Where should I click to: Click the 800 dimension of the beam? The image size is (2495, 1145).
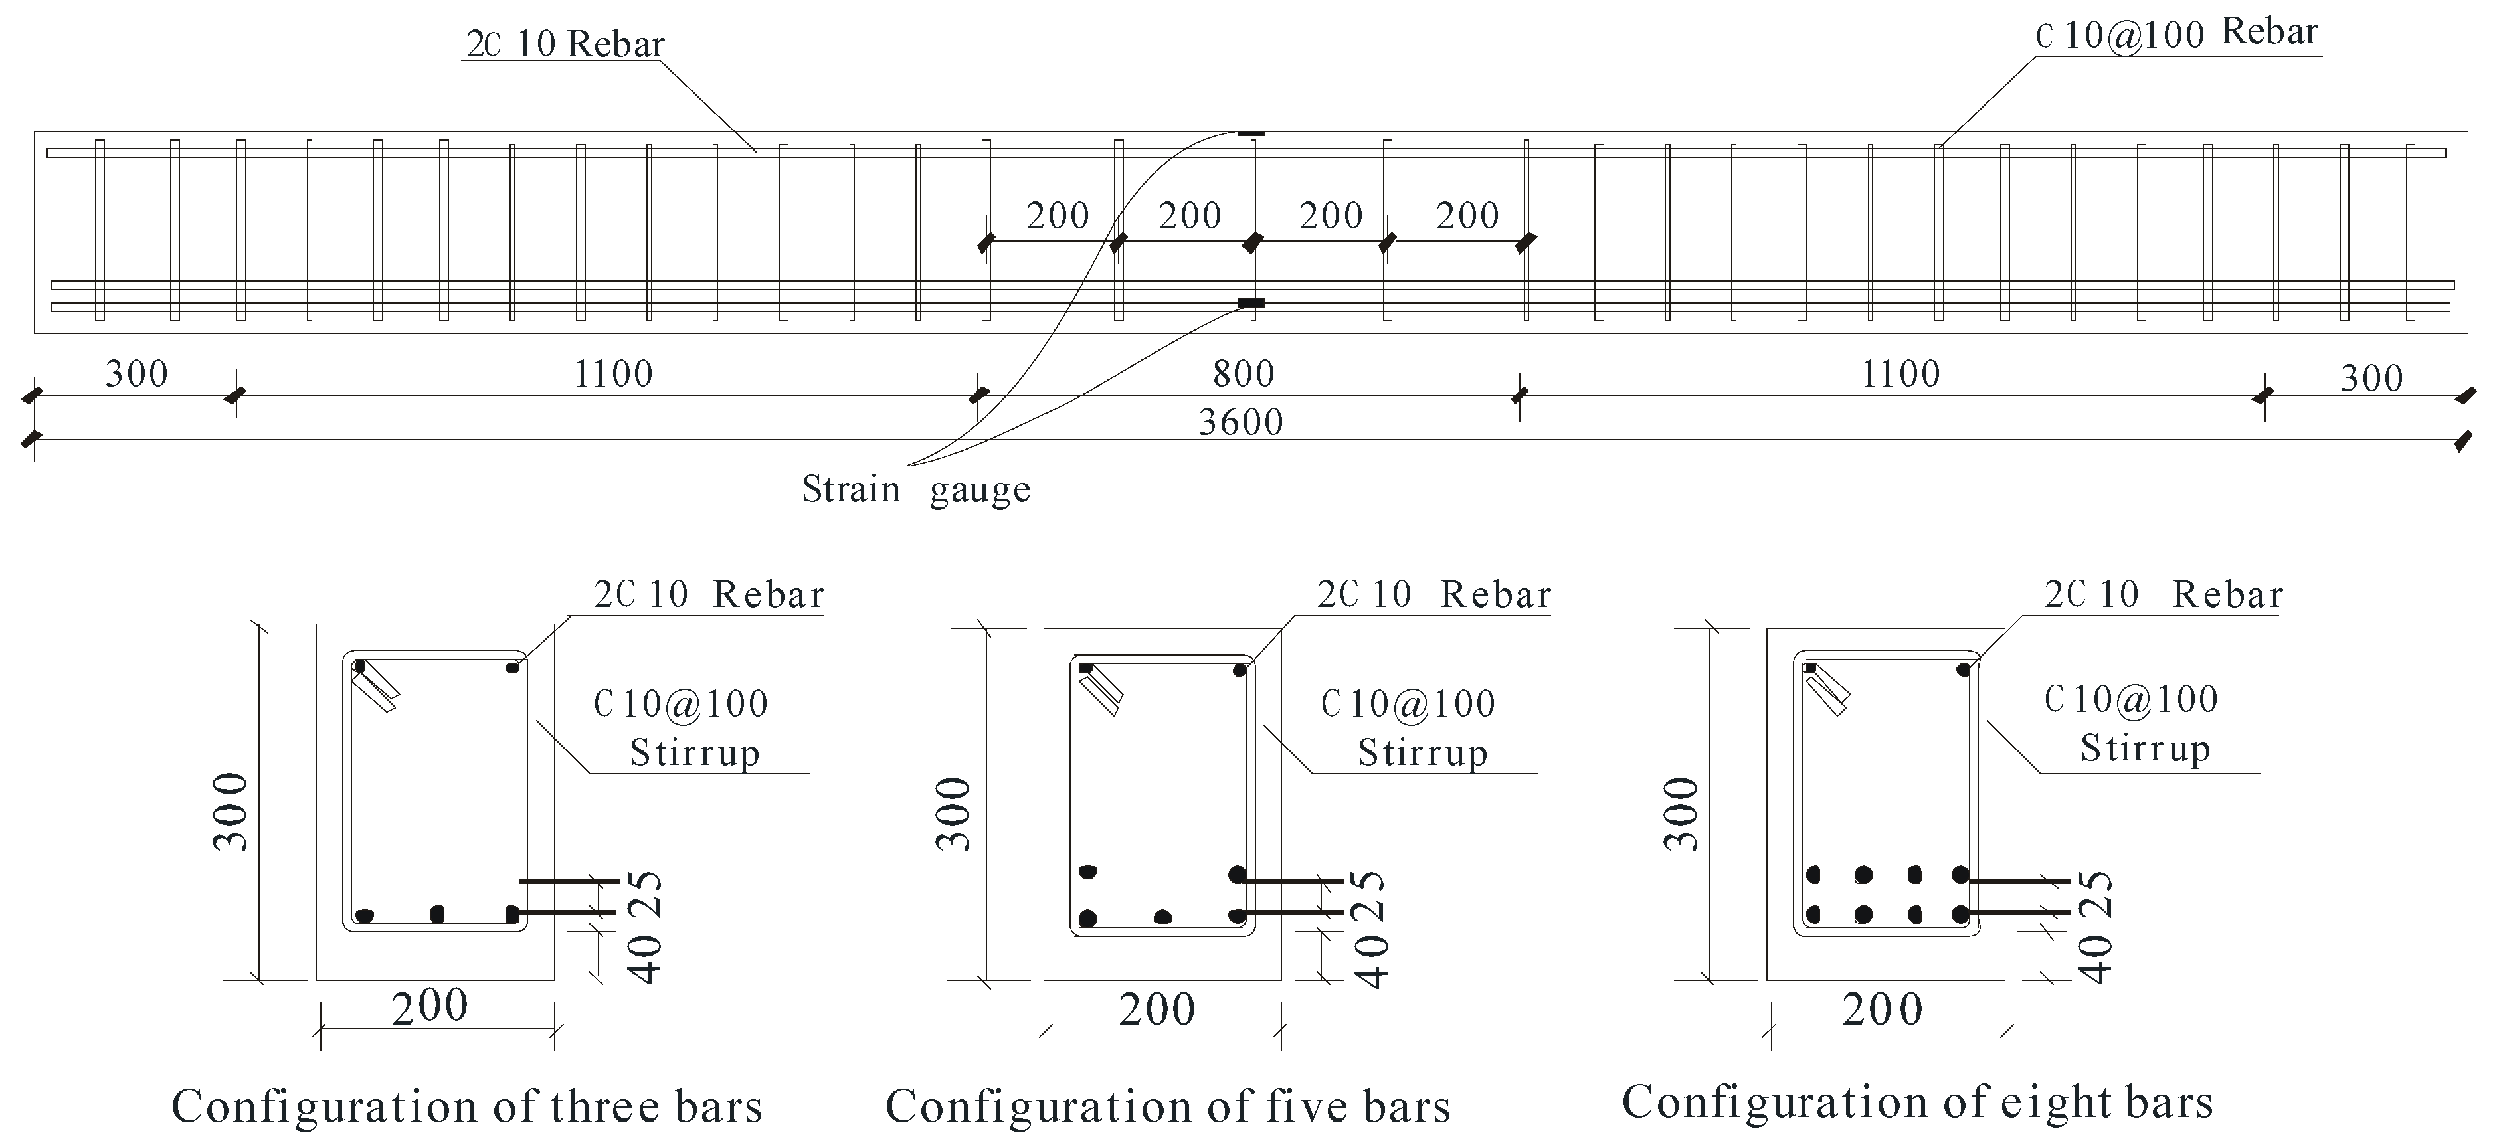click(1244, 374)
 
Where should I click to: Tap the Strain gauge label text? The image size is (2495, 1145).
click(915, 490)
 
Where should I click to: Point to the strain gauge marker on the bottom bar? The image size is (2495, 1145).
click(1250, 304)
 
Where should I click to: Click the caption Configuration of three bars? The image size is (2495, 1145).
click(467, 1106)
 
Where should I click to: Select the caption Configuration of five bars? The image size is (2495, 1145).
click(1168, 1106)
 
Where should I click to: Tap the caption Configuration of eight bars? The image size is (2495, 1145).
click(1918, 1102)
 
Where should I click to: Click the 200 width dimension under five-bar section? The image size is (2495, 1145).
click(1156, 1010)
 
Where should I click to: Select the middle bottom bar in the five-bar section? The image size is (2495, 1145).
click(1163, 917)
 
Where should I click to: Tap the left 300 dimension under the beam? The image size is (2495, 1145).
click(137, 374)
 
